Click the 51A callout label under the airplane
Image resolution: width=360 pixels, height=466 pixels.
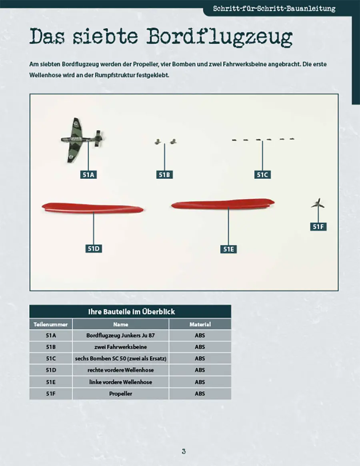point(88,175)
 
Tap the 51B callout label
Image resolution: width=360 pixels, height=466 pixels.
point(164,175)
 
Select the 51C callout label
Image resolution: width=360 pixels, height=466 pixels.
point(262,175)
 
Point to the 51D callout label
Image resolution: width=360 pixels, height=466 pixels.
point(94,249)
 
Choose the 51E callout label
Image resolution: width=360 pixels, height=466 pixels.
point(229,249)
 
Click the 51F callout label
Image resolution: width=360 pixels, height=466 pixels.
point(318,227)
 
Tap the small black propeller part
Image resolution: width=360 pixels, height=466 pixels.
point(318,203)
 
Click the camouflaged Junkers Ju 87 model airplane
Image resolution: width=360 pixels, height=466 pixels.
point(82,140)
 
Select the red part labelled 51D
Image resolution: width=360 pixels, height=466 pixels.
point(92,208)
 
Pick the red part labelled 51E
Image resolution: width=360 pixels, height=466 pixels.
point(223,204)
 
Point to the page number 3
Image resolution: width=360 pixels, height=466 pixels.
point(184,451)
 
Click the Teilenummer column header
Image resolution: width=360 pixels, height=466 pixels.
point(51,324)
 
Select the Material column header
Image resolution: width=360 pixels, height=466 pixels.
point(200,324)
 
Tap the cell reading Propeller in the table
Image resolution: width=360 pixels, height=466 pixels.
point(120,394)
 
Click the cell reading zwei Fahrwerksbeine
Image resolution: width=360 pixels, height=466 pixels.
point(120,347)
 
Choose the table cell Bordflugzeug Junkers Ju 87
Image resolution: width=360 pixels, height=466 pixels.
point(120,335)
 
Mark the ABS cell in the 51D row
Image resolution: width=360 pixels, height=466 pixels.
point(200,370)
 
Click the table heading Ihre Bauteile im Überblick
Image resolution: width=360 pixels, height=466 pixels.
point(131,312)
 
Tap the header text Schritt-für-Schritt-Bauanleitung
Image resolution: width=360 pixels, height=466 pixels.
point(274,8)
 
